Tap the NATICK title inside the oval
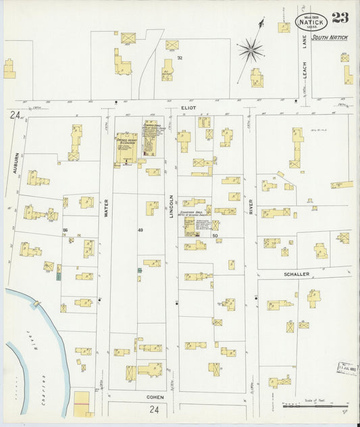click(311, 22)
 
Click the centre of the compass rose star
click(250, 48)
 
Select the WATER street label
click(106, 207)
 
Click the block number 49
click(140, 230)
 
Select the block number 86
click(65, 230)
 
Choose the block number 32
click(180, 58)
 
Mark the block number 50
click(215, 235)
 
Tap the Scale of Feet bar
click(315, 407)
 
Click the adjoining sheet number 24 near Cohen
click(155, 409)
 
